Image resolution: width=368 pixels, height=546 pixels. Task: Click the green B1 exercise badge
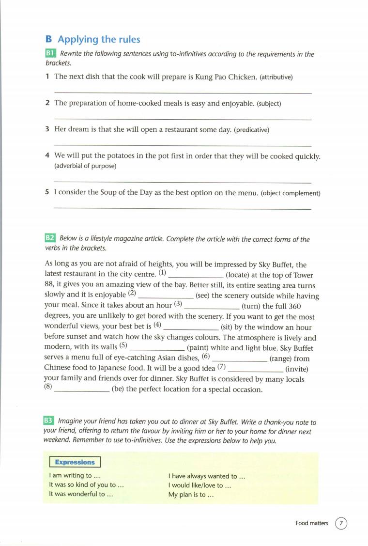50,54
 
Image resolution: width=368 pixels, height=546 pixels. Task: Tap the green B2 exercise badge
50,238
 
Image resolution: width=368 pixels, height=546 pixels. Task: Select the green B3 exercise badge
50,422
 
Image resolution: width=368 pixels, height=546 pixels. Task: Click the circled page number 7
341,523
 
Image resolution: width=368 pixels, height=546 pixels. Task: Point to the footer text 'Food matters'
312,523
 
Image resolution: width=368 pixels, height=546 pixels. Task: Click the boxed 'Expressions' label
75,462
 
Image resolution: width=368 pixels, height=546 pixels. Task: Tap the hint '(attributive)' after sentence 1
276,77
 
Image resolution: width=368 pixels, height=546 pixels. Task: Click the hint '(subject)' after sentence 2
269,104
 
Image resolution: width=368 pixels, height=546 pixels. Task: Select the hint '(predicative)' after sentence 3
251,130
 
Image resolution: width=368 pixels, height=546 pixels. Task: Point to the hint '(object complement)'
291,193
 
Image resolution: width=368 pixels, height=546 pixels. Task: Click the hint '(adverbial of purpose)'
85,166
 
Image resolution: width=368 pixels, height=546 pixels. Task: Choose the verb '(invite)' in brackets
297,369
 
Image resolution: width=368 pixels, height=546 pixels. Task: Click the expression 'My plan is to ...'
191,495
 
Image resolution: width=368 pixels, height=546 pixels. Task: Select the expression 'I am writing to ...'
75,476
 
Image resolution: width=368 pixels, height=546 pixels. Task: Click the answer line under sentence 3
183,145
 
